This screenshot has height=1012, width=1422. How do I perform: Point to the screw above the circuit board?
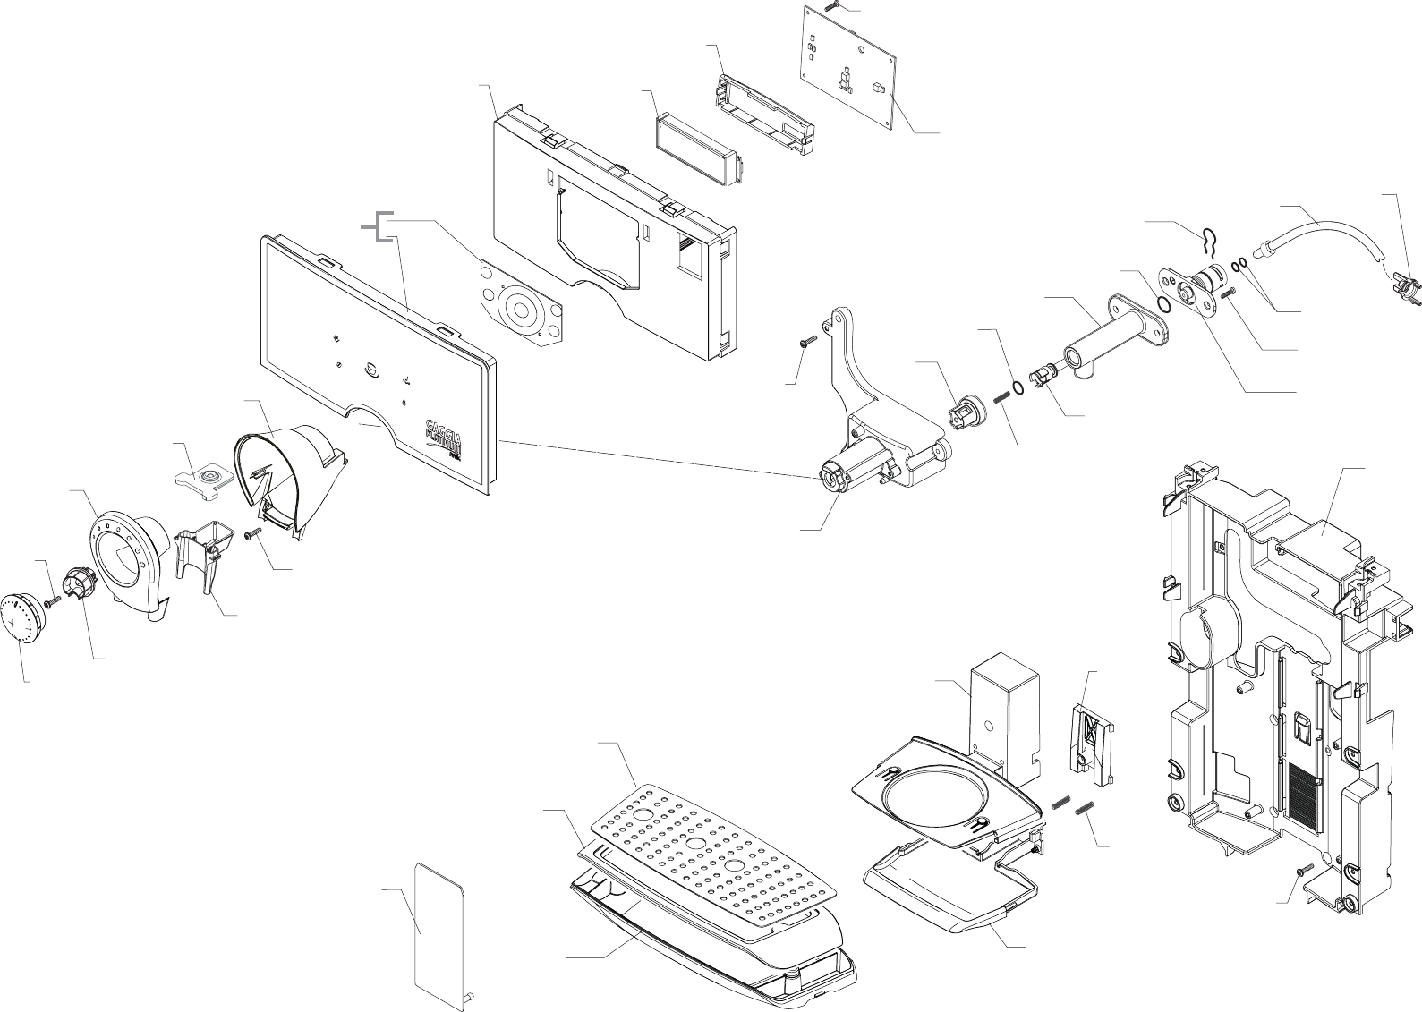(830, 5)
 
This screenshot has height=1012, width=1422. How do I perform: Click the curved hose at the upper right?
(1324, 234)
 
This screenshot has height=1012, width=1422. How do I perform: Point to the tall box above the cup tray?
(1005, 706)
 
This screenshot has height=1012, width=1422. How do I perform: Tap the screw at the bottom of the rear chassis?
(1300, 869)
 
